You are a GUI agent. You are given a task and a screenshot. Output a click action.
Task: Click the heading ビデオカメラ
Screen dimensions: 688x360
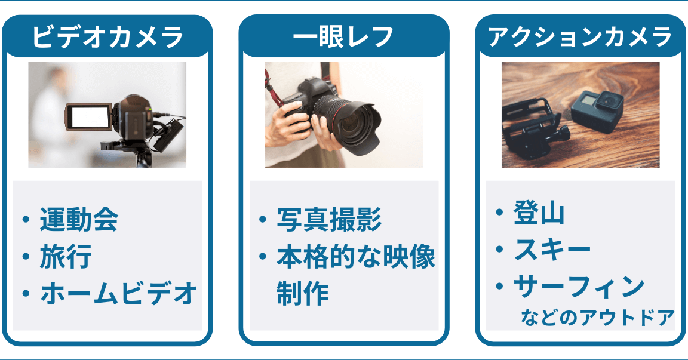107,37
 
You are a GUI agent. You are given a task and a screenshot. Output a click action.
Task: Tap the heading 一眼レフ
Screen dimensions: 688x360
343,37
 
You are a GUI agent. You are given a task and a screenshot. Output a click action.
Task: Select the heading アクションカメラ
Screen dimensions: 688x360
580,37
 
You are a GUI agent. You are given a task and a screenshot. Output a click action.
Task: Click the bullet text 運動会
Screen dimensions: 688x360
79,219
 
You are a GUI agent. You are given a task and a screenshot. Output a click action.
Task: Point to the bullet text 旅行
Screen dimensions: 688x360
66,257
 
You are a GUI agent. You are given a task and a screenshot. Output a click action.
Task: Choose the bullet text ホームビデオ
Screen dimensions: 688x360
118,293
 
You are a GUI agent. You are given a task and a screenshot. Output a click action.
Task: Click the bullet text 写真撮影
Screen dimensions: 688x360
329,219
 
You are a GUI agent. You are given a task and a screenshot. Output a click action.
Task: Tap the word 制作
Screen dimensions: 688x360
303,293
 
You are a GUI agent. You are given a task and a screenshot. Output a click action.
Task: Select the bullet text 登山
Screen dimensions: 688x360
539,213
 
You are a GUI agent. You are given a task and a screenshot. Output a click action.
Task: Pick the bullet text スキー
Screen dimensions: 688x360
552,250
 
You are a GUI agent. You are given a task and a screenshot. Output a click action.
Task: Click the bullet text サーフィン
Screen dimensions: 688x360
579,287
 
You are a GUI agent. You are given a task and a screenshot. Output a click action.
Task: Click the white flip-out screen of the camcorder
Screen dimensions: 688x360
90,117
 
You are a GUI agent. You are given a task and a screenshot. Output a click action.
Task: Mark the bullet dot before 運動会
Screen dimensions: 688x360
26,219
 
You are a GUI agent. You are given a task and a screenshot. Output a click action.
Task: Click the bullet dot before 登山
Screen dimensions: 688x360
499,212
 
